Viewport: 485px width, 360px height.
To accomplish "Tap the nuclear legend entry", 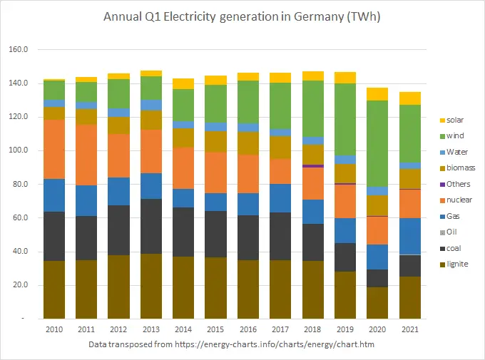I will pyautogui.click(x=456, y=200).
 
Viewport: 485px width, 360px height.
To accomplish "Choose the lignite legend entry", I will pyautogui.click(x=455, y=264).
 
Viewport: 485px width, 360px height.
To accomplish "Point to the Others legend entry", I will pyautogui.click(x=456, y=184).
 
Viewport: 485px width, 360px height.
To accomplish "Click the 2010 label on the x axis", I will pyautogui.click(x=53, y=330).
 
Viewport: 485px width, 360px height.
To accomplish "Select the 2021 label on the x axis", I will pyautogui.click(x=409, y=330).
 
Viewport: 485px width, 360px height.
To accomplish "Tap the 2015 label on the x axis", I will pyautogui.click(x=215, y=330).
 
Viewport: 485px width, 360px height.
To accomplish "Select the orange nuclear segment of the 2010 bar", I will pyautogui.click(x=53, y=149).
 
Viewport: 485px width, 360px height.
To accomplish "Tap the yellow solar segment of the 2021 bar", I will pyautogui.click(x=409, y=98).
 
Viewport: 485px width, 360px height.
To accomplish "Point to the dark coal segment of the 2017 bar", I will pyautogui.click(x=280, y=236).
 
